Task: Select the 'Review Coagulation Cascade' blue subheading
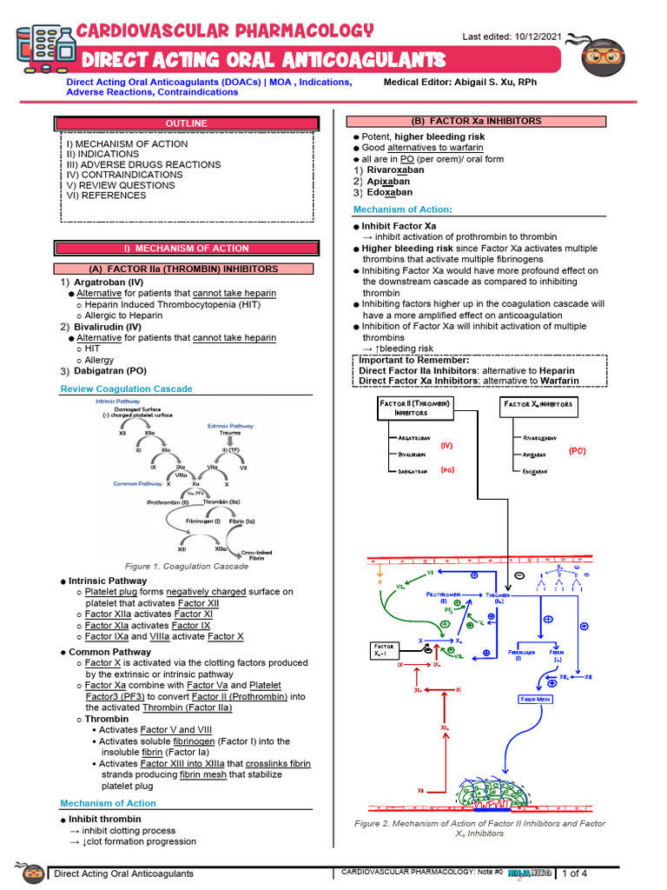[x=126, y=389]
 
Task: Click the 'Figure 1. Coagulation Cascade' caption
[x=187, y=566]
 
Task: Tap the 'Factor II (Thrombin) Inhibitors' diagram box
[x=413, y=408]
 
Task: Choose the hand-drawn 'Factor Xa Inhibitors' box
[x=538, y=404]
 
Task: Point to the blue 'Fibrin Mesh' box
[x=537, y=699]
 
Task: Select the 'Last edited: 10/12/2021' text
[x=512, y=36]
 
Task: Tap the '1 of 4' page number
[x=575, y=873]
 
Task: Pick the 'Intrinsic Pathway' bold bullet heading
[x=108, y=581]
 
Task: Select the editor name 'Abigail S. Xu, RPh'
[x=512, y=82]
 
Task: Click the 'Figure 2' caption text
[x=479, y=827]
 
